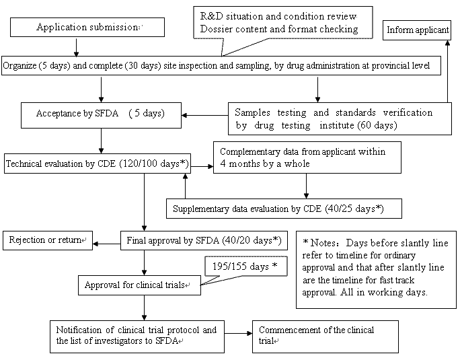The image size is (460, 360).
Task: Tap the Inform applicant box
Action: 418,30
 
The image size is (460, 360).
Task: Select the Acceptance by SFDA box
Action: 100,113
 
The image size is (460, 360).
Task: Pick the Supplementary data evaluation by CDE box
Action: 283,209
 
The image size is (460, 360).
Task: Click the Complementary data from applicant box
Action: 306,157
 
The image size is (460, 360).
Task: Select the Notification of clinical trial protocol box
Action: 137,335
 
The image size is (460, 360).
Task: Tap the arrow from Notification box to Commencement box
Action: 238,335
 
